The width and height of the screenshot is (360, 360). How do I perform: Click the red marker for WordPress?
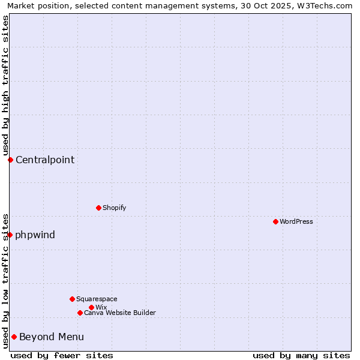tap(275, 221)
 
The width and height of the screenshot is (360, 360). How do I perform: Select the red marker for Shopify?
tap(98, 208)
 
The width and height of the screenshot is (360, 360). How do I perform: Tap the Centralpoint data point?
tap(10, 160)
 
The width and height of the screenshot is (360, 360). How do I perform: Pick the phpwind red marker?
tap(10, 235)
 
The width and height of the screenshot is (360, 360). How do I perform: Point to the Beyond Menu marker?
tap(14, 337)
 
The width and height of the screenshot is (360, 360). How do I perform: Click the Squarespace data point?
tap(72, 299)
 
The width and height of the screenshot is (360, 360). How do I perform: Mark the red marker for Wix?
tap(91, 307)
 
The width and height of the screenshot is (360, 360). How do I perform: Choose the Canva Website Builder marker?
tap(80, 313)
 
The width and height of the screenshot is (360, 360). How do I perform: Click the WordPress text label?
tap(296, 221)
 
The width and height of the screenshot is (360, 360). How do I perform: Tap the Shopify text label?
tap(115, 208)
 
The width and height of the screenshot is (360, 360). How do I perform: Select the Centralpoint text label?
tap(45, 160)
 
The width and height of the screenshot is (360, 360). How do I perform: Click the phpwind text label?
tap(35, 235)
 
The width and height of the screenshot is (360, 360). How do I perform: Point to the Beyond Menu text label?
tap(52, 337)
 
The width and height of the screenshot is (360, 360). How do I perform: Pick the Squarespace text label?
tap(97, 299)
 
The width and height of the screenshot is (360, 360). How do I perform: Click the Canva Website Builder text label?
tap(120, 313)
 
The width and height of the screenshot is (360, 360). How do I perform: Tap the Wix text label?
tap(101, 307)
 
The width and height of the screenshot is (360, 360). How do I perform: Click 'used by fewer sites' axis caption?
tap(62, 355)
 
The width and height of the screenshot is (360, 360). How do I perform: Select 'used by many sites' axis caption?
tap(301, 355)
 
